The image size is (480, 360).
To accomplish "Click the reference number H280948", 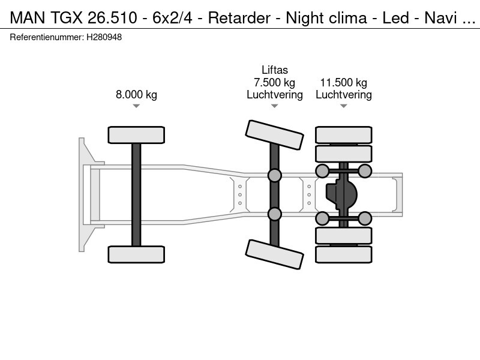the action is coord(104,37).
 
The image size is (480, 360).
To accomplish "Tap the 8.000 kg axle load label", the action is coord(136,94).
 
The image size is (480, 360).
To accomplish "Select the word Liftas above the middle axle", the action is coord(275,70).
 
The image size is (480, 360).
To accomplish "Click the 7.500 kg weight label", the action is coord(274,82).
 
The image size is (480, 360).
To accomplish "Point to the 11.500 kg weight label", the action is coord(343,82).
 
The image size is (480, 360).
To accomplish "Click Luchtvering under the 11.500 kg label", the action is coord(343,95).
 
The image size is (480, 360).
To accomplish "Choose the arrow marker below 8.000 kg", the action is coord(136,106).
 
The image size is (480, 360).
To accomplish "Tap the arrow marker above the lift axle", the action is coord(275,106).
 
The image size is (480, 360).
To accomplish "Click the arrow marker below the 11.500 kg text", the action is coord(343,106).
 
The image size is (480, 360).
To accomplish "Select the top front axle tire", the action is coord(136,135).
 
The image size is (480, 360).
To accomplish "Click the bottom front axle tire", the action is coord(136,254).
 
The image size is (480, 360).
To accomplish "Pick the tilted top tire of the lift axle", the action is coord(275,134).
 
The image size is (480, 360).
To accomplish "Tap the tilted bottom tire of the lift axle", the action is coord(275,254).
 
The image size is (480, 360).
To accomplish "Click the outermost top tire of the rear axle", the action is coord(343,134).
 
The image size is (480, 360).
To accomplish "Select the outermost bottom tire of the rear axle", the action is coord(343,254).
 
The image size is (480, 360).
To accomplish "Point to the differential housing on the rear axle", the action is coord(341,194).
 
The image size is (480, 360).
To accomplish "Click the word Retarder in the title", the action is coord(239,18).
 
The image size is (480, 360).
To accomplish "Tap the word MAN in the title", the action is coord(28,18).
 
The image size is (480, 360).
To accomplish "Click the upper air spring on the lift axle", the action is coord(275,175).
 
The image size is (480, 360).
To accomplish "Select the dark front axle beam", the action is coord(136,194).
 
